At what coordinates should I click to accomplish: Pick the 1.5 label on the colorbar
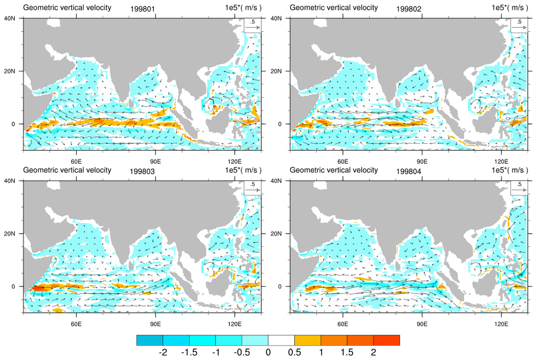click(347, 352)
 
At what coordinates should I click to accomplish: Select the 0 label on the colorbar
click(268, 352)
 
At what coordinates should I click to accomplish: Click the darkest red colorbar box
click(386, 340)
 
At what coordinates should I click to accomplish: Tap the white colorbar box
click(281, 340)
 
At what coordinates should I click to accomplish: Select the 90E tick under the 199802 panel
click(421, 161)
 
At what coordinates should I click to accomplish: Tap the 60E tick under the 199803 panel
click(75, 323)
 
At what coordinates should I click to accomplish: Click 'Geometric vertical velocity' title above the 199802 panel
click(334, 7)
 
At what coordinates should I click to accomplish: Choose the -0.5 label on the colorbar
click(242, 352)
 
